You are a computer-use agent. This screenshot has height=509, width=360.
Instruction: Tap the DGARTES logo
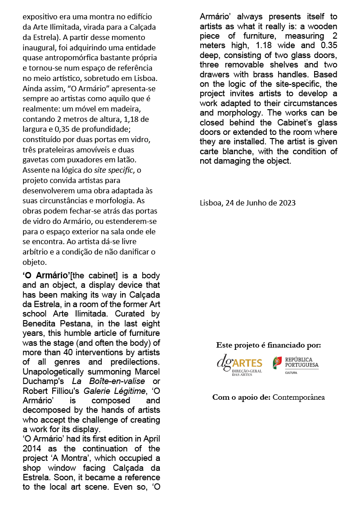(239, 364)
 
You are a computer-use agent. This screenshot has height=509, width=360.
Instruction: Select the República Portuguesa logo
(296, 364)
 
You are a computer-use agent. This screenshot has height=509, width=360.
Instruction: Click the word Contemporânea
(299, 397)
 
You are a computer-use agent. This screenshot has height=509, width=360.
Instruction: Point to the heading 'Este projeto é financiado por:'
(269, 345)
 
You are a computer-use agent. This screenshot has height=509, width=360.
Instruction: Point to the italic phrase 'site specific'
(113, 170)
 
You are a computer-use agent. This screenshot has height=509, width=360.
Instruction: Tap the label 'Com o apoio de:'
(242, 397)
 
